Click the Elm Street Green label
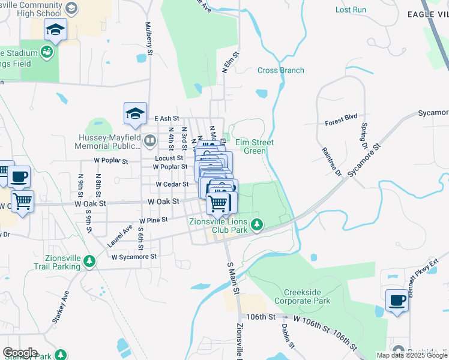(x=254, y=146)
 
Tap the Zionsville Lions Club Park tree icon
(x=257, y=225)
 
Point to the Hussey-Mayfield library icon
(x=150, y=142)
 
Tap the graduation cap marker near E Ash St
(x=135, y=113)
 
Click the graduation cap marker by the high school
(x=55, y=30)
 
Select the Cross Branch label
(x=281, y=70)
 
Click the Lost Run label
(x=351, y=10)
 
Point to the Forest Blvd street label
(x=341, y=119)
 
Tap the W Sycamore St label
(x=134, y=256)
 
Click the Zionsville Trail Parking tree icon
(x=89, y=261)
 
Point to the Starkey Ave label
(x=61, y=307)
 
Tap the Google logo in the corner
(x=20, y=353)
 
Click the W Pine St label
(x=153, y=220)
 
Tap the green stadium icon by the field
(x=47, y=53)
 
